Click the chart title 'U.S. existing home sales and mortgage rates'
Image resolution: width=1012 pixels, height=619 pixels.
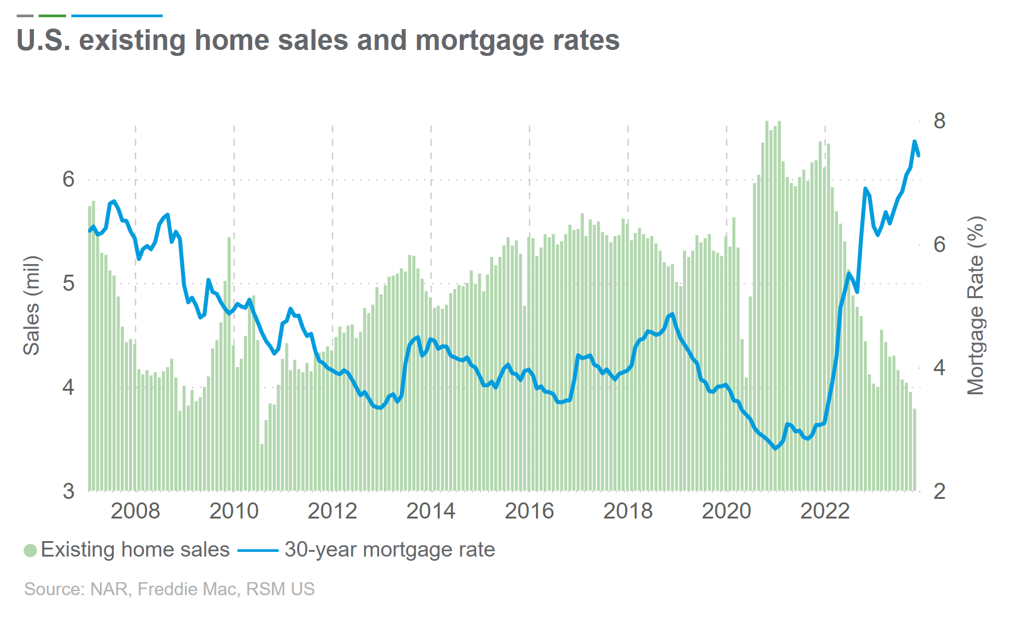318,40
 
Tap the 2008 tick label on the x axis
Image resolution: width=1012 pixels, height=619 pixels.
135,511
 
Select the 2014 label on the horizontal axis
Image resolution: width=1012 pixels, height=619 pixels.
431,511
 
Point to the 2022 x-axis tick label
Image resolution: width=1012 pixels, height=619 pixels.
825,511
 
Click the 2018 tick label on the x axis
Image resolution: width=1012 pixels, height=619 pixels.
628,511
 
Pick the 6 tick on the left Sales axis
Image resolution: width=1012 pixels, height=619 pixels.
69,179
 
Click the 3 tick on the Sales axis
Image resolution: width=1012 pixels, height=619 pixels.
69,491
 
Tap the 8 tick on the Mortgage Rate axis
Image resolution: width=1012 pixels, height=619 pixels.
939,121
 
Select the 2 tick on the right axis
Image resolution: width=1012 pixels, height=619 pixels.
939,491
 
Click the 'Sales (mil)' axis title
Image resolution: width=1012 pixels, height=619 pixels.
32,306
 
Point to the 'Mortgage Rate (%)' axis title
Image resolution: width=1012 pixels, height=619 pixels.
976,306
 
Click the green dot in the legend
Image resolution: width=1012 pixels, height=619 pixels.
30,550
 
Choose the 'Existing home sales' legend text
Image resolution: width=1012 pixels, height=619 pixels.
135,549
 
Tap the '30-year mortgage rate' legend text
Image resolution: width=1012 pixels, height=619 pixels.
390,549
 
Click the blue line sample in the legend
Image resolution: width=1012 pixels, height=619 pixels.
258,551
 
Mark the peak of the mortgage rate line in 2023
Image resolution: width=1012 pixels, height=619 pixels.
914,142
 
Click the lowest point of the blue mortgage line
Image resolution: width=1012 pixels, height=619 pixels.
775,448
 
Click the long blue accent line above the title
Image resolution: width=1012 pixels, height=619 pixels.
117,15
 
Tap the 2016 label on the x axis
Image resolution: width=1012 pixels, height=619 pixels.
529,511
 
